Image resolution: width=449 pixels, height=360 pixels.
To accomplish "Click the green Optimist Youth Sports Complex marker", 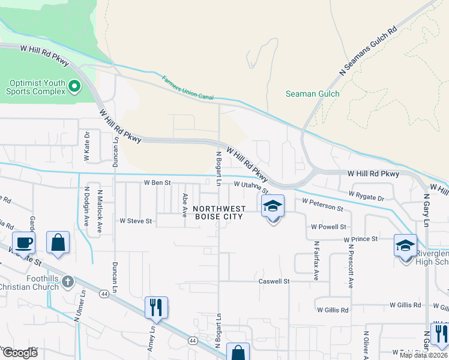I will pos(74,86).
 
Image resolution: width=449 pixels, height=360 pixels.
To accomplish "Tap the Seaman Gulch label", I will pos(312,94).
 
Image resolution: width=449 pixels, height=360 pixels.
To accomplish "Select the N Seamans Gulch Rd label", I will pos(368,51).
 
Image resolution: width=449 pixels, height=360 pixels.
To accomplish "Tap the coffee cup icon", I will pos(23,243).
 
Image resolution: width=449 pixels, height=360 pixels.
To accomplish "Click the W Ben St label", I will pos(157,182).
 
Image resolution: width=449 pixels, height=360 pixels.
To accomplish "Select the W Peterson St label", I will pos(322,205).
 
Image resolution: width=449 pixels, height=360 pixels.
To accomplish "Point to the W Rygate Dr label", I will pos(367,196).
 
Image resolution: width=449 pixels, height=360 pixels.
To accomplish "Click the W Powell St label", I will pos(328,227).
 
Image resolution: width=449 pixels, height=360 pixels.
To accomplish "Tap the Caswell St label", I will pos(274,281).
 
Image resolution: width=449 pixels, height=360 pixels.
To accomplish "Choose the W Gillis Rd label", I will pos(333,310).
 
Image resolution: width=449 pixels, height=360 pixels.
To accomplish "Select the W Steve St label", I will pos(136,221).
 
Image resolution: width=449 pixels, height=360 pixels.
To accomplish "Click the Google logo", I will pos(20,353).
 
